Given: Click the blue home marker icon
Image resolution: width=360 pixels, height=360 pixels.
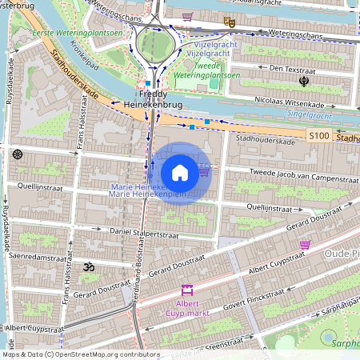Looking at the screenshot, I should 180,173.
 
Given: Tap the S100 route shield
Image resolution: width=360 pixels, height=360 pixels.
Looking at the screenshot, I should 319,137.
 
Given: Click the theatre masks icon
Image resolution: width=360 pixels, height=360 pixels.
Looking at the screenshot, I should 230,22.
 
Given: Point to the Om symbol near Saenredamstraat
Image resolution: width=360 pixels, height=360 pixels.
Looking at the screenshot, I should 89,266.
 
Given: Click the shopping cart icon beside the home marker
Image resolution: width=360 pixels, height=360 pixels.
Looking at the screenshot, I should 204,170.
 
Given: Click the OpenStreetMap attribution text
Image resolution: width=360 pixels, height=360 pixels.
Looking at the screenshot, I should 81,354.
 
